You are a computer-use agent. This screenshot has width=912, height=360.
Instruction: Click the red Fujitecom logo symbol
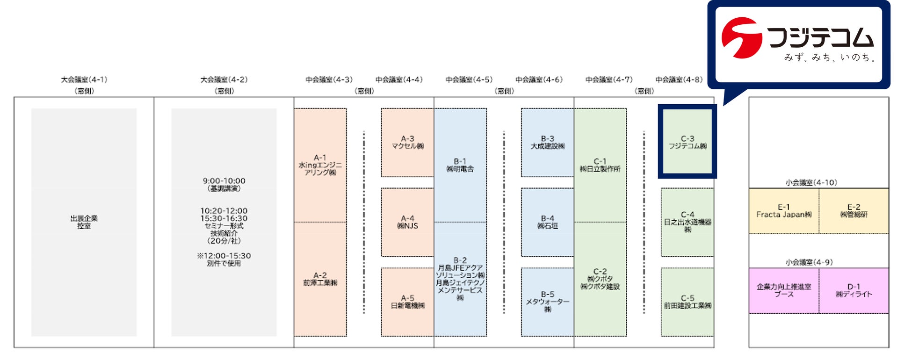coord(741,37)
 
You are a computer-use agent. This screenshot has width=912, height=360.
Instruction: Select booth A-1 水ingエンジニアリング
coord(320,165)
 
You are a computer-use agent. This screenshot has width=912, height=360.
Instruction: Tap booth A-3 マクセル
coord(407,143)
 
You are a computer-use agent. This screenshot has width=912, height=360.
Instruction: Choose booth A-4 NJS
coord(407,222)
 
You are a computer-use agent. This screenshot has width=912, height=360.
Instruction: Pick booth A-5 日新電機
coord(407,302)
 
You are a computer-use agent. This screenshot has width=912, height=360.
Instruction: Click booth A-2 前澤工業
coord(320,279)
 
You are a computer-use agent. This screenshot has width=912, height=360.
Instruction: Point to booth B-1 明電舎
coord(460,165)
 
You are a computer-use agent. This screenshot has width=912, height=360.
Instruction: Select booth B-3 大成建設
coord(548,143)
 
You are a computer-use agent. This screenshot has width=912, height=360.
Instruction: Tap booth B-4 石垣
coord(548,222)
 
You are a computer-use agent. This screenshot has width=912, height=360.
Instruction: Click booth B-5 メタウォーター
coord(548,302)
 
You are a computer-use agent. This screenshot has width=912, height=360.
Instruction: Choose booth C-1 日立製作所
coord(600,165)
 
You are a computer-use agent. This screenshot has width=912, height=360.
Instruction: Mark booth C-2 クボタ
coord(600,279)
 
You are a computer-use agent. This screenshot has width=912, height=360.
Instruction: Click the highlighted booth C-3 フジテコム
coord(688,142)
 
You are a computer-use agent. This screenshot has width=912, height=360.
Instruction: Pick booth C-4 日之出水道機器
coord(688,222)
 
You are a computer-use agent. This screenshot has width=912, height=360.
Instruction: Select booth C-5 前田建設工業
coord(688,302)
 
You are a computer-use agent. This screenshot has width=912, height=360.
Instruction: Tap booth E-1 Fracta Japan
coord(784,211)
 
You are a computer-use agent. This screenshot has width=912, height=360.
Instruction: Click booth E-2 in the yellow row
coord(854,211)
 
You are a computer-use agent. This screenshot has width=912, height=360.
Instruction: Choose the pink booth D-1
coord(854,290)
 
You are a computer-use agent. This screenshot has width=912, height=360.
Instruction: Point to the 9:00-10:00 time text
coord(224,181)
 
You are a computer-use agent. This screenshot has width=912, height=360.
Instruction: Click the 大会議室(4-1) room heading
coord(84,80)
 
